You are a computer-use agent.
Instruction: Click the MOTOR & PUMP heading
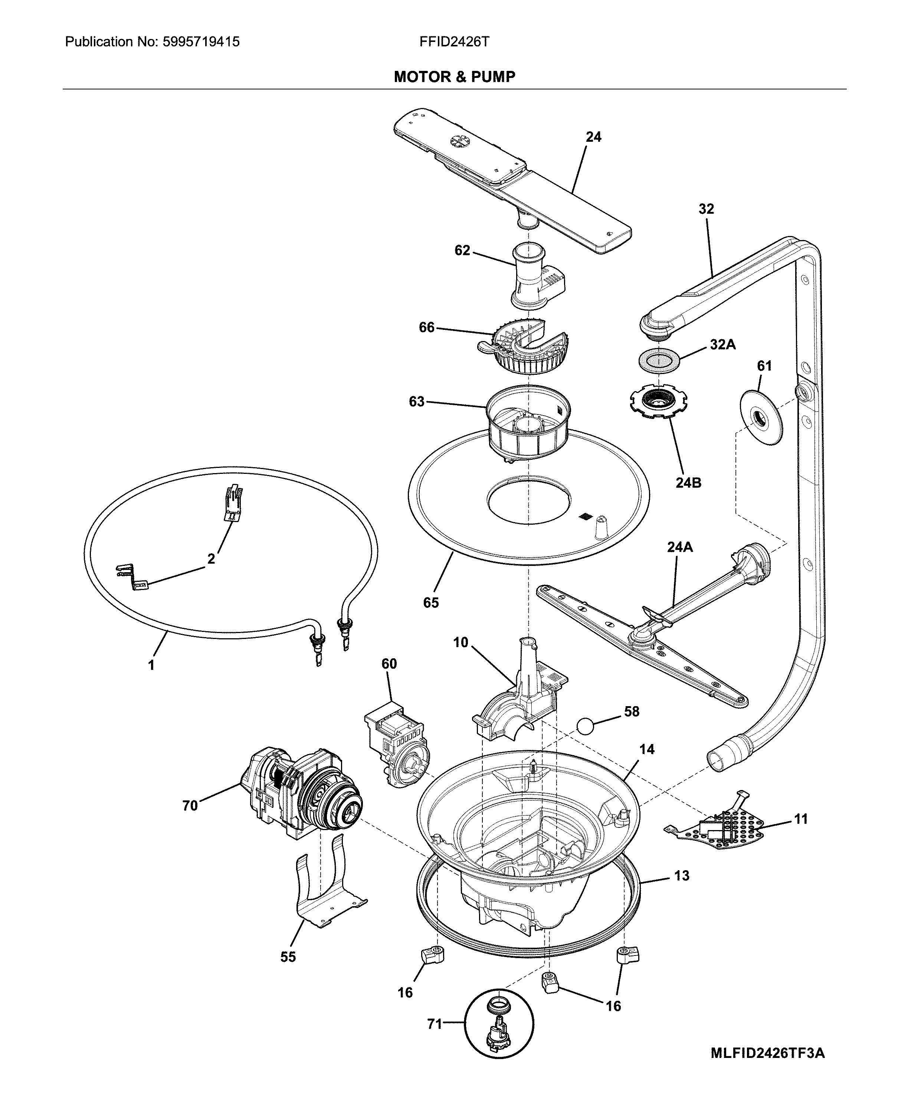[x=454, y=77]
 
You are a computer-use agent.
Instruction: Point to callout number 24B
[x=688, y=483]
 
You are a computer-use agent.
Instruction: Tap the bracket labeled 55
[x=324, y=889]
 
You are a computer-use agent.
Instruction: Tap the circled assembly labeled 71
[x=499, y=1025]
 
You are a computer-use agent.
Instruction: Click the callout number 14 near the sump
[x=647, y=749]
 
